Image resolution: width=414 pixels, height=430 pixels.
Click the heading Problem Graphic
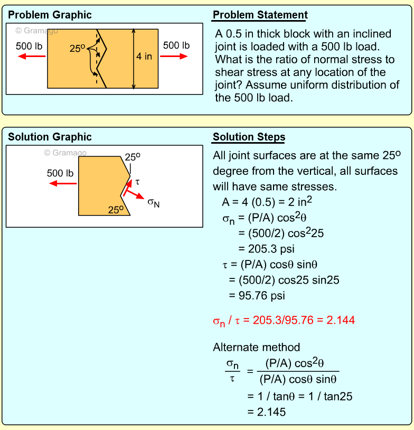(x=50, y=15)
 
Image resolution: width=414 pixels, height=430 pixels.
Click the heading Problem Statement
(x=260, y=15)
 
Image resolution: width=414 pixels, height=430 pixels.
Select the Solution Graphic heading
(x=50, y=137)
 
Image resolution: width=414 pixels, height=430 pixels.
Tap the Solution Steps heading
(x=249, y=137)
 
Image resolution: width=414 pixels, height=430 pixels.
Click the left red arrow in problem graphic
(x=30, y=57)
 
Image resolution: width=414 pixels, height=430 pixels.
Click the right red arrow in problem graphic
(x=174, y=56)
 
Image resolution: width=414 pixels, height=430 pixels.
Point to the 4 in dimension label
(x=144, y=56)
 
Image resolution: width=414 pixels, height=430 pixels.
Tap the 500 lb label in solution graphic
(x=60, y=173)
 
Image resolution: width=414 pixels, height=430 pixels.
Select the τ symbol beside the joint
(x=137, y=182)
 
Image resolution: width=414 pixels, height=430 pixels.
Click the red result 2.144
(x=341, y=320)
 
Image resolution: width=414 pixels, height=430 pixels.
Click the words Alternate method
(x=256, y=347)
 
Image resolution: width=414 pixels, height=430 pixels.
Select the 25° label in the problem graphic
(x=77, y=49)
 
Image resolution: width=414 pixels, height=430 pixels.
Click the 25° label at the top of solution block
(x=133, y=157)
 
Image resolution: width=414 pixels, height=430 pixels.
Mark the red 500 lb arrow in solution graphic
(x=62, y=183)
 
